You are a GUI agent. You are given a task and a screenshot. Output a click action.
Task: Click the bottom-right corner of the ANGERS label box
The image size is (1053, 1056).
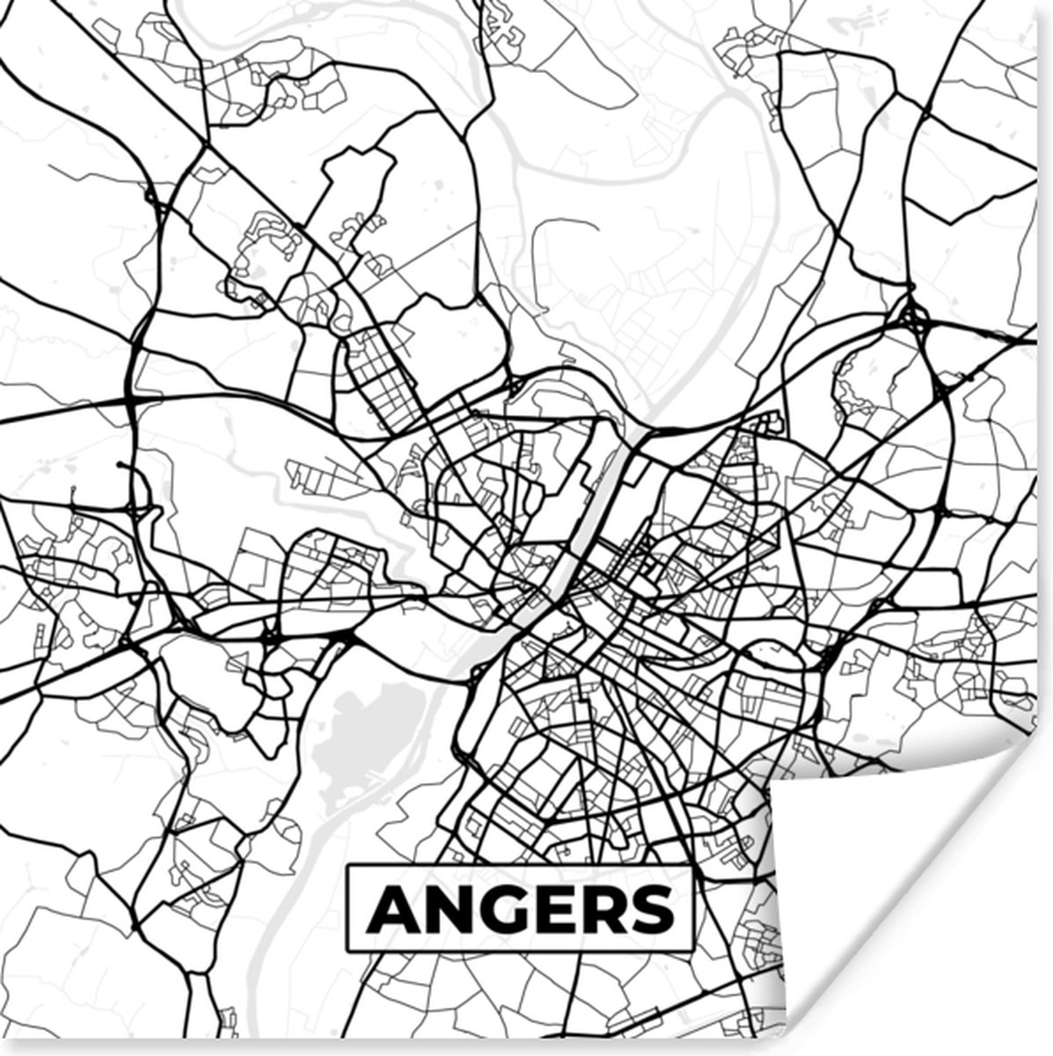tap(692, 951)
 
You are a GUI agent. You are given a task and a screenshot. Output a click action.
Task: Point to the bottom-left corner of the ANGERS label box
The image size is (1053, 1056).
tap(347, 951)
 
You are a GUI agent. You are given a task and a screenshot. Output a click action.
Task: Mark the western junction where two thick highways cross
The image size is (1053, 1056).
tap(132, 400)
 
